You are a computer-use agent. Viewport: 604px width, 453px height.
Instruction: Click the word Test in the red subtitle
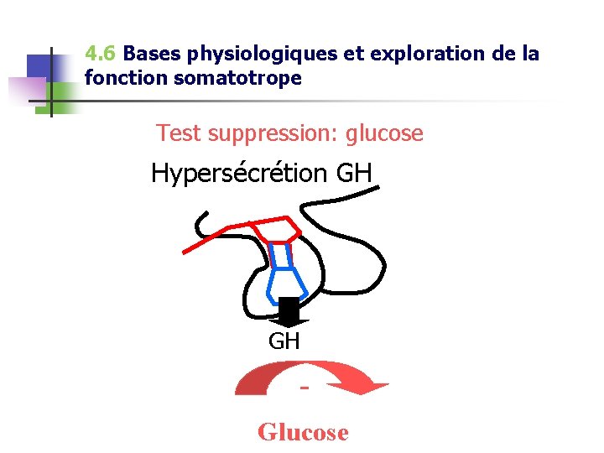[x=178, y=133]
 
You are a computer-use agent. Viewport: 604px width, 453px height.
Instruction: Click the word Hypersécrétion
[x=239, y=174]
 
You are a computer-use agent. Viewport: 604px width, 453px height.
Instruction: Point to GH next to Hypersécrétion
[x=353, y=174]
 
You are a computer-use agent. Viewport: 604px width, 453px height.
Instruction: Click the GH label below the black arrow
[x=284, y=341]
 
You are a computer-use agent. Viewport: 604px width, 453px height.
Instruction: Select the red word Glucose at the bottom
[x=303, y=432]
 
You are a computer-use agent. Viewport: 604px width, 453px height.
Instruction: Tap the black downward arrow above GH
[x=289, y=312]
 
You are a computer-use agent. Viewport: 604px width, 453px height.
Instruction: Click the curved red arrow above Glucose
[x=310, y=376]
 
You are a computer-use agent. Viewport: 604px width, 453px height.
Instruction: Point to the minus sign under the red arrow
[x=304, y=388]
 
